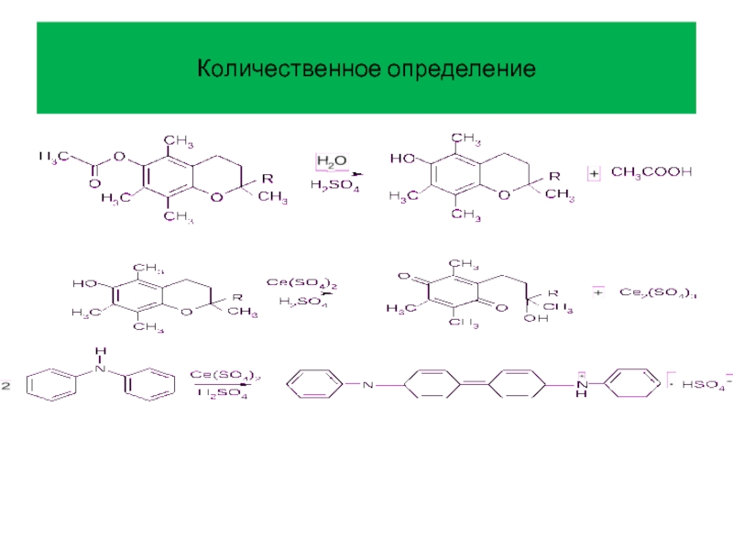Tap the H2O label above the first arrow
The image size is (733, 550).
coord(331,161)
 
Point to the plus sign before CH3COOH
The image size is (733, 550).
coord(593,172)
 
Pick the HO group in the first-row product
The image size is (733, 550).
coord(402,158)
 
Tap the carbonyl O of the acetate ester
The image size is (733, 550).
coord(93,182)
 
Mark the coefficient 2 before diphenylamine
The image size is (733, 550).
coord(5,388)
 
